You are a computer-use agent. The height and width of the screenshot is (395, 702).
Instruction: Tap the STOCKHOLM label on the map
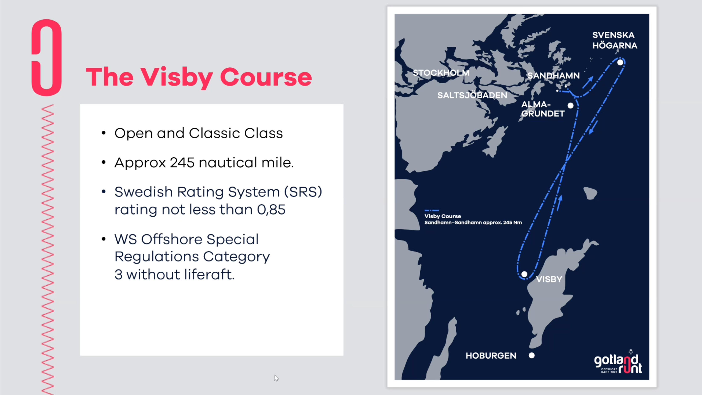coord(441,73)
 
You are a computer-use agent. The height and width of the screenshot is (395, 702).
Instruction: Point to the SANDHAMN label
coord(553,75)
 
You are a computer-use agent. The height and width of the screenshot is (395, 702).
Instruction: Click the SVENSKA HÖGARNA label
coord(615,40)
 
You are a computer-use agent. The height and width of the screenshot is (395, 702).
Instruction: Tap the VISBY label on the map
coord(549,279)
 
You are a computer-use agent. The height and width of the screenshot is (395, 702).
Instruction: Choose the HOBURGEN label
coord(491,355)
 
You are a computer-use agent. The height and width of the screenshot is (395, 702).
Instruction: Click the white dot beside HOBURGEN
coord(531,355)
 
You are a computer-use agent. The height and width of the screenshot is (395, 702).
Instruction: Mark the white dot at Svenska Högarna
coord(620,62)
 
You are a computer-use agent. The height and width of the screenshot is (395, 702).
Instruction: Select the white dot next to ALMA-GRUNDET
coord(570,105)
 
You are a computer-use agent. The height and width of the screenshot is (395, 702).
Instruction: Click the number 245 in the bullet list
coord(182,163)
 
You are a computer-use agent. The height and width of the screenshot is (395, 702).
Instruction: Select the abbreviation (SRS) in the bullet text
coord(303,192)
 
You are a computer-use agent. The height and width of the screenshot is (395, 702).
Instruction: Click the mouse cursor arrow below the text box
coord(276,378)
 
